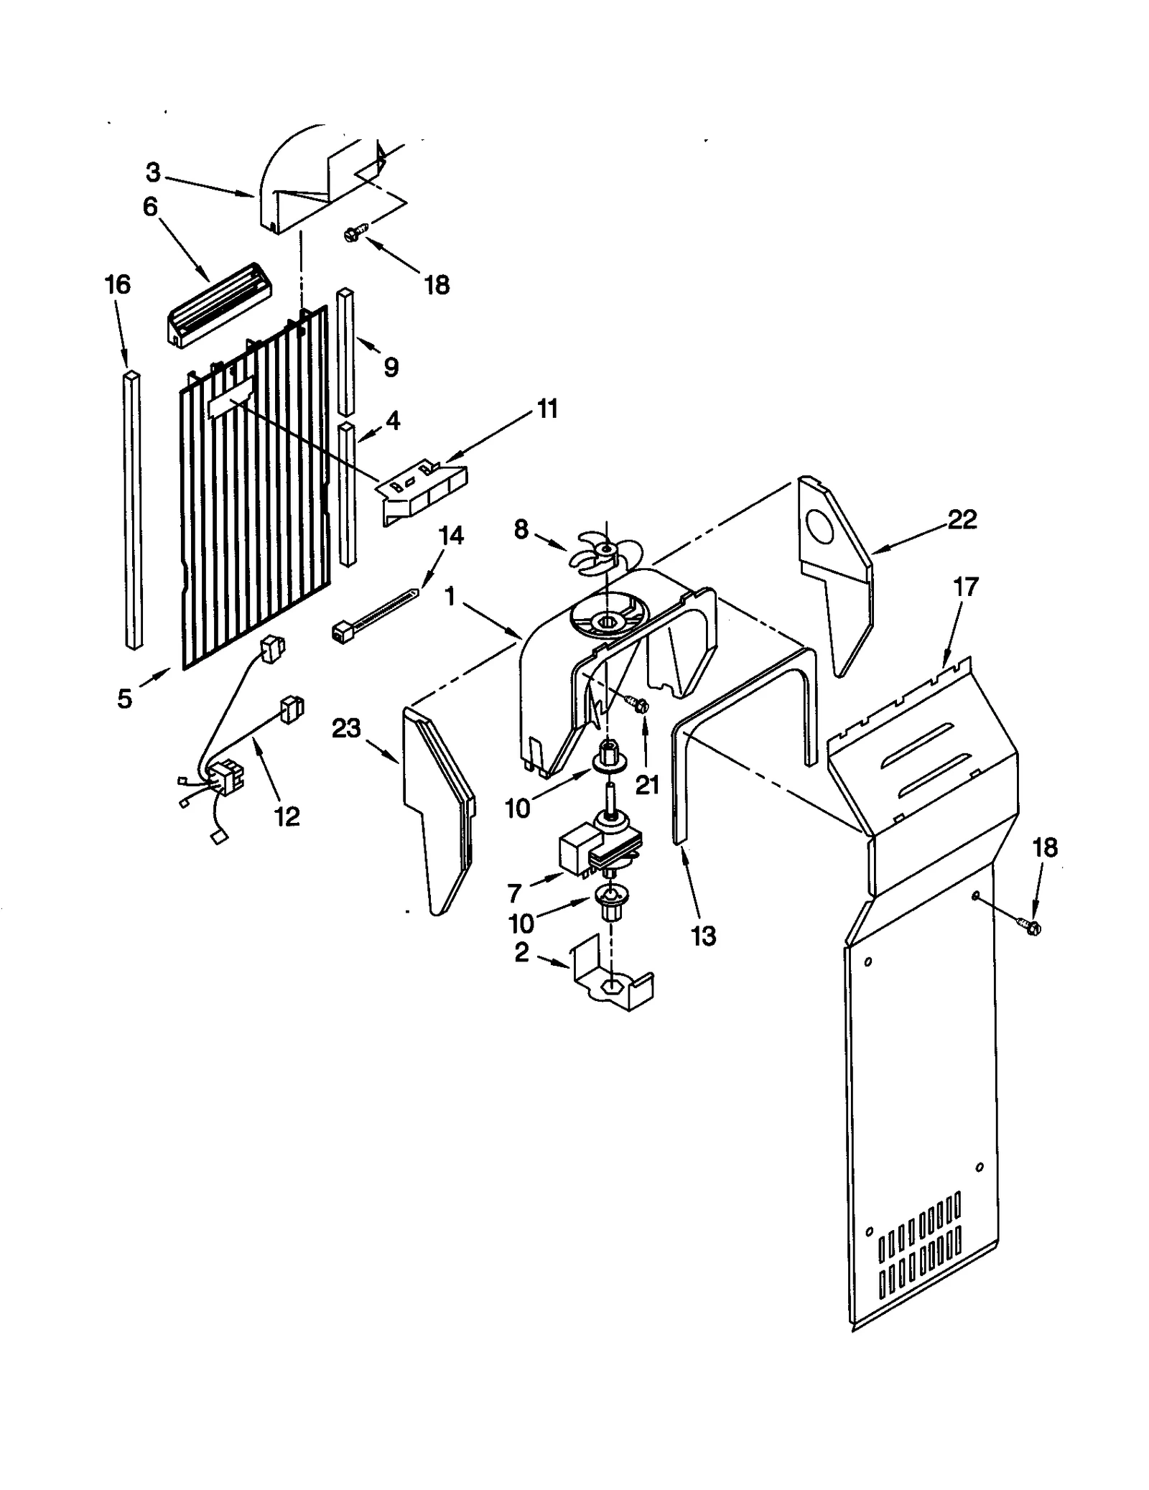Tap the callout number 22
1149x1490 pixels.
coord(962,519)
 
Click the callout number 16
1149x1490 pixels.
coord(118,285)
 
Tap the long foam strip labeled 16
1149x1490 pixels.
coord(133,510)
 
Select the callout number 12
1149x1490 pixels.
coord(287,816)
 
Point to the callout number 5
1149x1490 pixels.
coord(125,698)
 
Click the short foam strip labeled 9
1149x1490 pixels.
coord(346,352)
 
